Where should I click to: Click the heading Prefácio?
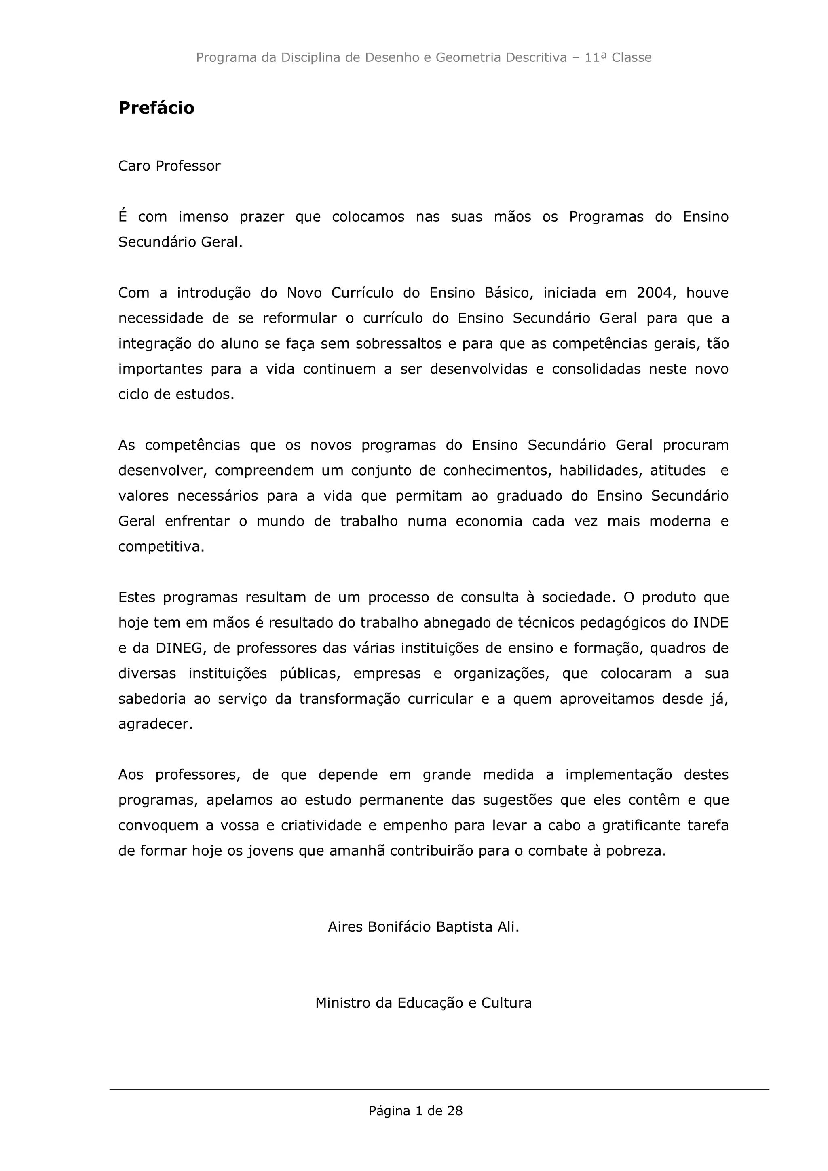coord(156,108)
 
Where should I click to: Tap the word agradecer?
coord(156,724)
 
